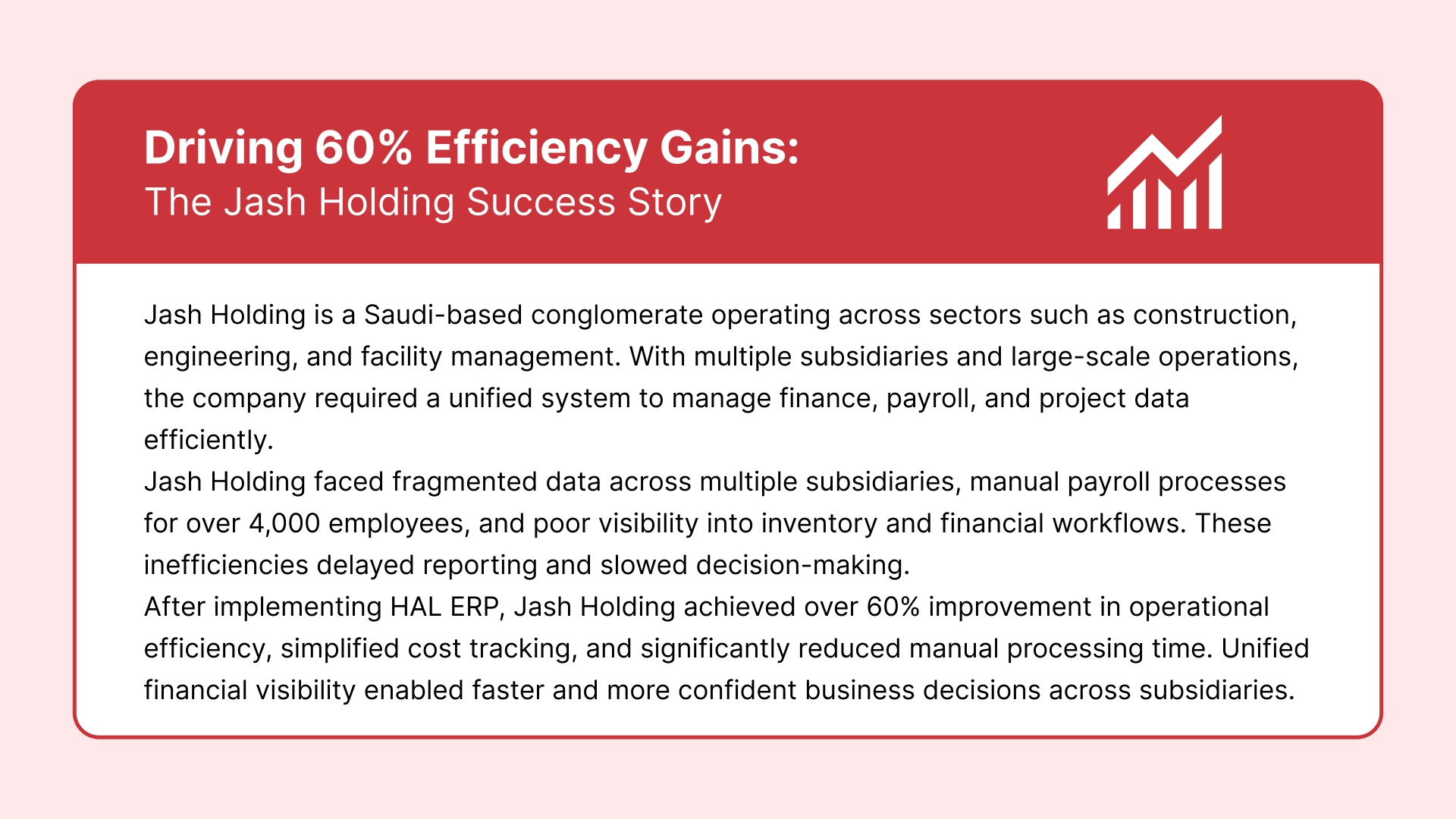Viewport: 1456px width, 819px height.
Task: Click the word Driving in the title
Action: pyautogui.click(x=223, y=148)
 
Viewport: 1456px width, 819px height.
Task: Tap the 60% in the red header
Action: pyautogui.click(x=363, y=148)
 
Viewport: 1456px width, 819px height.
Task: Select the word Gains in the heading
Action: pyautogui.click(x=729, y=148)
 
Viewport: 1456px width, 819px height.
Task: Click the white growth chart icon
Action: pyautogui.click(x=1165, y=173)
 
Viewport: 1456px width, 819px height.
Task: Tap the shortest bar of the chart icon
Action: pyautogui.click(x=1114, y=217)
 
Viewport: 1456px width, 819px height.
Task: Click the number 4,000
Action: pyautogui.click(x=284, y=523)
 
